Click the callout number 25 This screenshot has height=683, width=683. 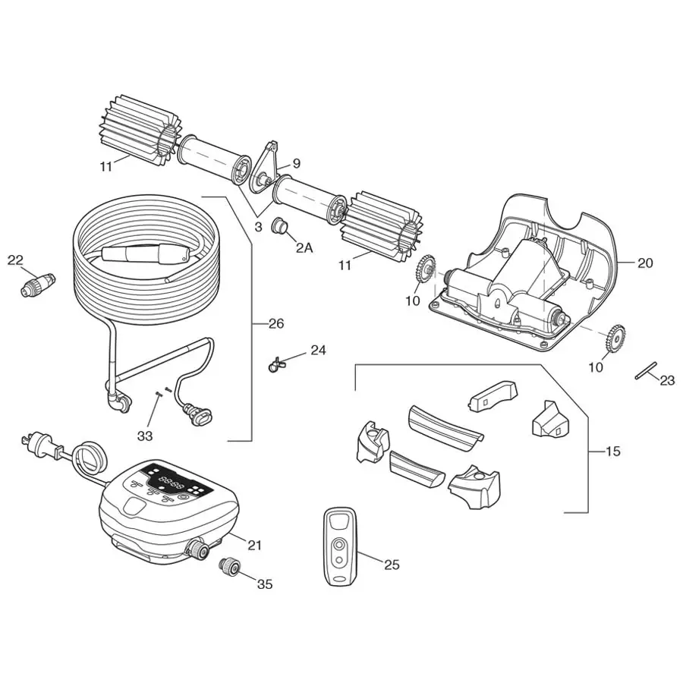coord(392,565)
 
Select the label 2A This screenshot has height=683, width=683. coord(304,247)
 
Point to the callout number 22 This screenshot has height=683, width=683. coord(16,260)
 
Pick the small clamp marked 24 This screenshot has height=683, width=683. coord(276,365)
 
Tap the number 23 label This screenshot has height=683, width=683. coord(667,381)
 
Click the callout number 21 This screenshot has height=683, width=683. coord(254,545)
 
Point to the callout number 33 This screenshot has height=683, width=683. coord(145,436)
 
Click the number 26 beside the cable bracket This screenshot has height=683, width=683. coord(275,324)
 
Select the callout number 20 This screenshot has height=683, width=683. coord(645,263)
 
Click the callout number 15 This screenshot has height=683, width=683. coord(613,452)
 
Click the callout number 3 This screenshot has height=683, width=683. coord(258,226)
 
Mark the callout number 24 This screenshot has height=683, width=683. coord(318,351)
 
